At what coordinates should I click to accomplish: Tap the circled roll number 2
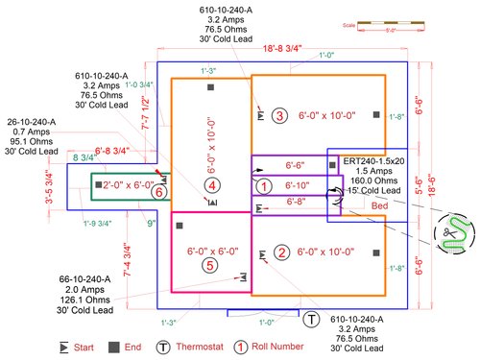pos(281,252)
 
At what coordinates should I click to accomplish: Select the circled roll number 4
pos(212,185)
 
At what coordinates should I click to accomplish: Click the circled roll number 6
pos(161,192)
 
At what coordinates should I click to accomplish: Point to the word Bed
pos(381,205)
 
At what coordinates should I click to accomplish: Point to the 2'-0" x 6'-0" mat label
pos(128,184)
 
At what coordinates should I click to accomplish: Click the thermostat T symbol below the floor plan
pos(313,318)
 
